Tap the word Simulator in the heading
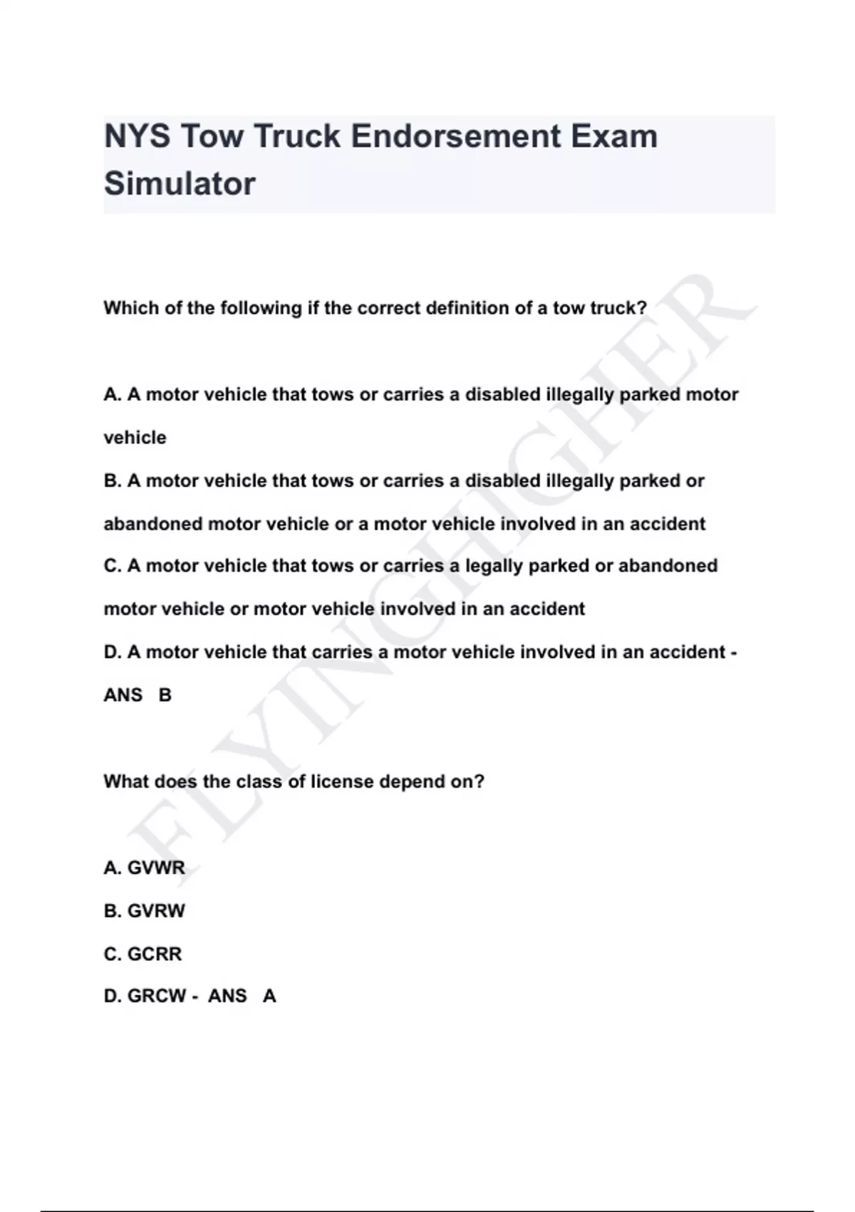click(180, 184)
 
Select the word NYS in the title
click(138, 136)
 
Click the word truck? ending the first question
click(618, 308)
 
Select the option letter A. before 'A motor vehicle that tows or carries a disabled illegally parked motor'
click(113, 394)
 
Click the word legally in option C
click(494, 566)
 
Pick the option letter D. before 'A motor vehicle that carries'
click(113, 652)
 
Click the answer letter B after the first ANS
click(165, 695)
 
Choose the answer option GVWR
click(155, 868)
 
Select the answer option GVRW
click(155, 910)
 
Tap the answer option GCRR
click(154, 954)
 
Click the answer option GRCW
click(157, 996)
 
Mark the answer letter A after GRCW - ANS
click(269, 996)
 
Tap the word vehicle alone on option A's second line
click(135, 438)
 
